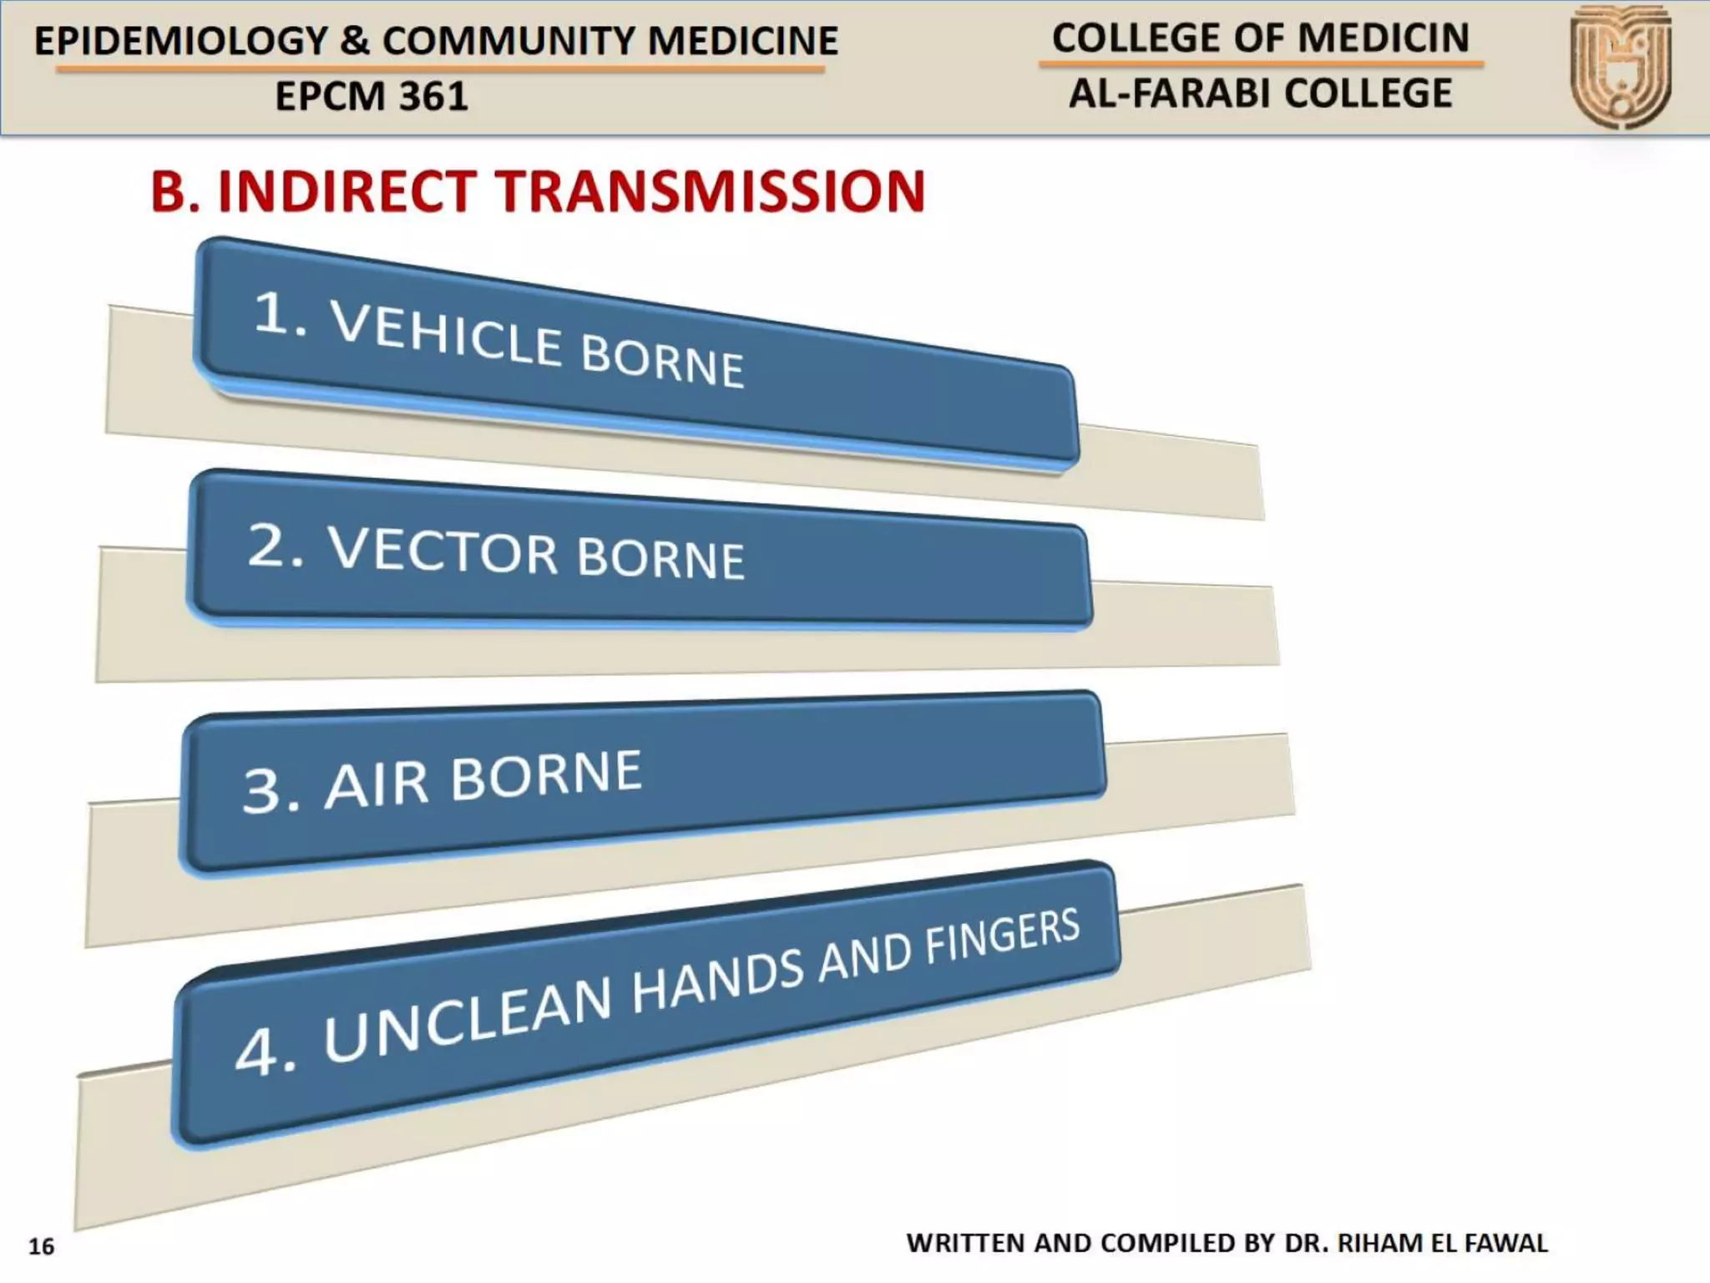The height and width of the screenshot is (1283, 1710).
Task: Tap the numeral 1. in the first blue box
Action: pyautogui.click(x=279, y=315)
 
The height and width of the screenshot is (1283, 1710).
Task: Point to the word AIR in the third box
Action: pyautogui.click(x=376, y=785)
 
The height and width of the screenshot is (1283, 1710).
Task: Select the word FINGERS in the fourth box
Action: pyautogui.click(x=1002, y=936)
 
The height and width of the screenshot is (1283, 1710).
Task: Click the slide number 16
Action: pyautogui.click(x=41, y=1246)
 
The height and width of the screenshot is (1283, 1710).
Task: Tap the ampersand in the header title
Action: pyautogui.click(x=355, y=41)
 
